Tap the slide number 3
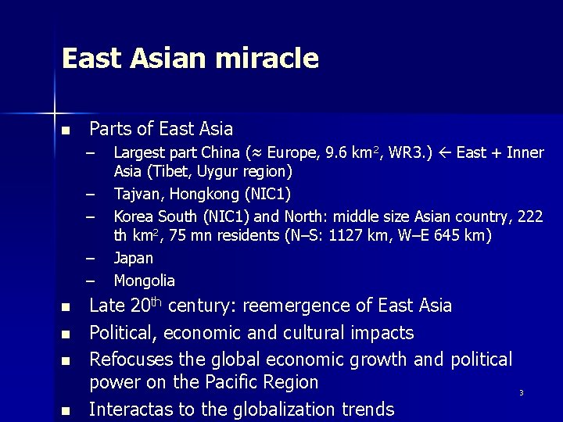[x=521, y=392]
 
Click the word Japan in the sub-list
[x=134, y=258]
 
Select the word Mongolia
[x=145, y=280]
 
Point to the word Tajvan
[x=137, y=193]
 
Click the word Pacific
[x=232, y=383]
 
